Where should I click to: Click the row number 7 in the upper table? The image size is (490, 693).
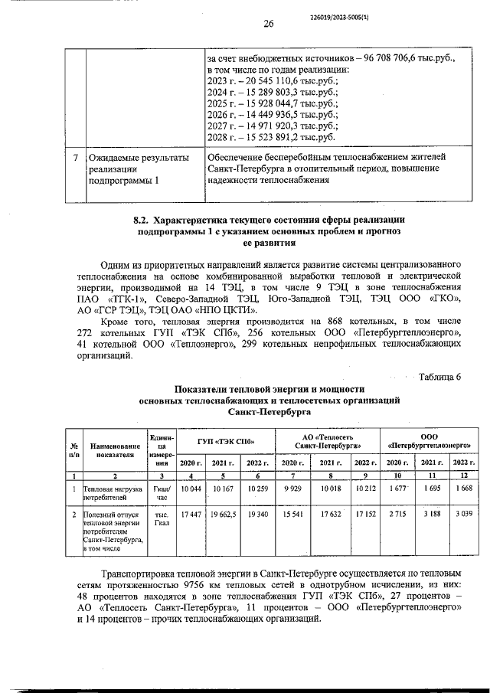tap(74, 158)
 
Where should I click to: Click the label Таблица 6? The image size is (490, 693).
tap(439, 375)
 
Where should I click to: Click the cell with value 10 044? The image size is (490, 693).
tap(188, 489)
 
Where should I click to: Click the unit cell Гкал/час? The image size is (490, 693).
tap(161, 492)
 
